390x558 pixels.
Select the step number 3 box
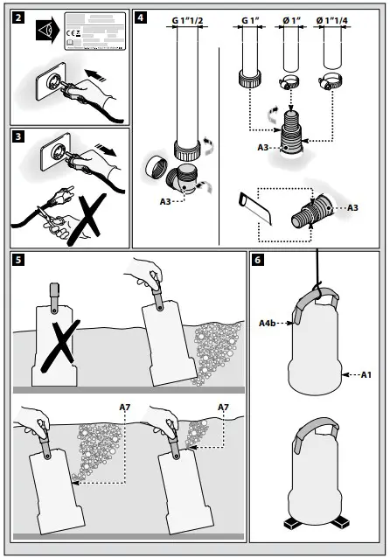click(x=18, y=137)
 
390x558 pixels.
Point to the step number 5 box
click(x=18, y=260)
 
